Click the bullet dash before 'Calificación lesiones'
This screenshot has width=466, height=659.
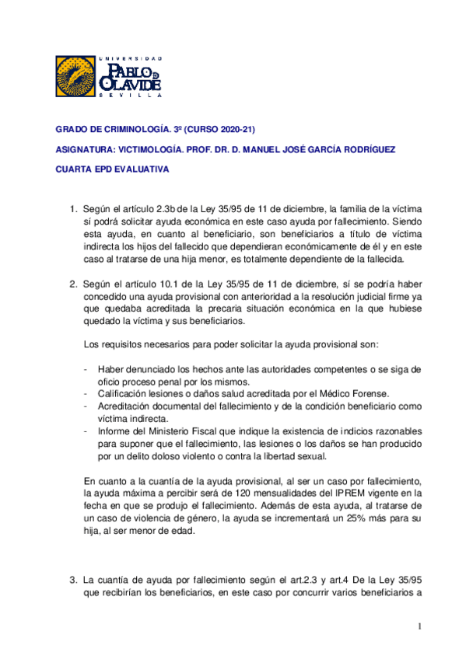85,394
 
